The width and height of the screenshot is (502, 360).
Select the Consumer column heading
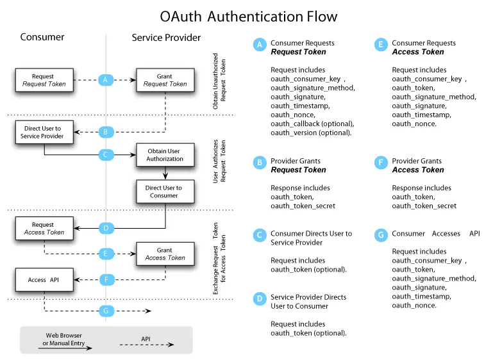pos(42,37)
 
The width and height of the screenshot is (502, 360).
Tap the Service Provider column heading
pos(166,37)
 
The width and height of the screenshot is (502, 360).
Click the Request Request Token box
pos(44,80)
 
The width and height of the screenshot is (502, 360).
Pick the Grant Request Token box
pos(165,80)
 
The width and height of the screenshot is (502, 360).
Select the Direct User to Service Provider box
pos(44,133)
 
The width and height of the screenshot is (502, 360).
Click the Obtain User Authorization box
pos(165,154)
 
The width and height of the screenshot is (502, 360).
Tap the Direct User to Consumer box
pos(165,192)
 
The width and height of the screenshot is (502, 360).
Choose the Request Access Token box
pos(44,229)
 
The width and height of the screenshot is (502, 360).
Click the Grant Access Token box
pos(165,254)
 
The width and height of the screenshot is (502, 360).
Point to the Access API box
pos(44,280)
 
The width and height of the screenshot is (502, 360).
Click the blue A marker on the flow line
pos(106,80)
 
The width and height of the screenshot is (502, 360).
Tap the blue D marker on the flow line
pos(106,228)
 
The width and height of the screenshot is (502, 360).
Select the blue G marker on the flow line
pos(106,311)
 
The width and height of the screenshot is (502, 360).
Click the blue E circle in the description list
pos(381,44)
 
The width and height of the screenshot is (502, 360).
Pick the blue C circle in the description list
pos(259,235)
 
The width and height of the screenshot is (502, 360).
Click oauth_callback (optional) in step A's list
pos(312,124)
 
